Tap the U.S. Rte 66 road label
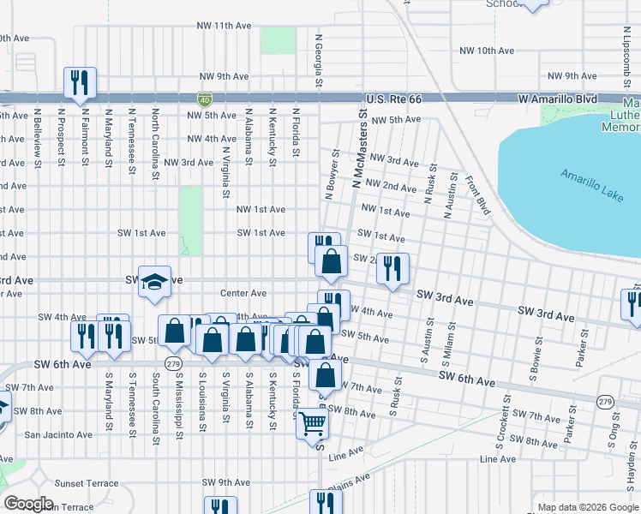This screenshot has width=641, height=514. (x=393, y=99)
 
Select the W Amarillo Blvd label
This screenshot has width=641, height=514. (x=557, y=99)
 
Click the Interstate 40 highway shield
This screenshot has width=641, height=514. (x=205, y=99)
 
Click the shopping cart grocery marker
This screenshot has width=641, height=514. (x=313, y=423)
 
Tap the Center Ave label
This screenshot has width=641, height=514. (x=243, y=294)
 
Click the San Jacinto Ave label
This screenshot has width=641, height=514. (x=58, y=434)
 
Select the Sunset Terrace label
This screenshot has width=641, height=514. (x=87, y=483)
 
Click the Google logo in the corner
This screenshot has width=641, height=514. (x=29, y=504)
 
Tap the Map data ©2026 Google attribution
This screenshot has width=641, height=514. (x=587, y=507)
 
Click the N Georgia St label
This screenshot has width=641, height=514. (x=319, y=60)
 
